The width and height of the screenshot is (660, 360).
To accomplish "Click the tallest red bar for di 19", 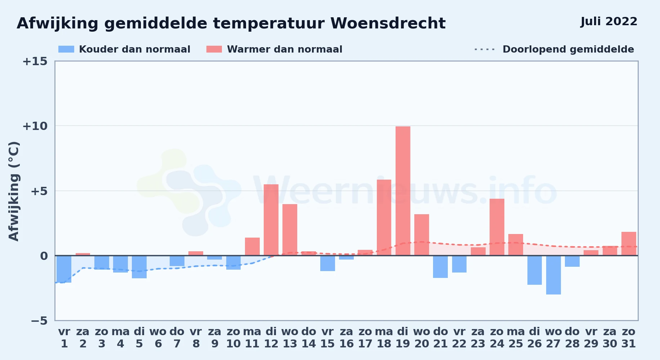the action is click(x=403, y=191).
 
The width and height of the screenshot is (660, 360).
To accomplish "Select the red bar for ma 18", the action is click(x=384, y=217).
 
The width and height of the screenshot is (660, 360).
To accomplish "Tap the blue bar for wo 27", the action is click(x=553, y=275).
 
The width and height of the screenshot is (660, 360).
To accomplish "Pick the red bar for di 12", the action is click(x=271, y=220).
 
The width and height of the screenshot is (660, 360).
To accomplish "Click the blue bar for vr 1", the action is click(x=64, y=269).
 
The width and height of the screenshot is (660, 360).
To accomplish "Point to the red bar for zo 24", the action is click(x=497, y=227).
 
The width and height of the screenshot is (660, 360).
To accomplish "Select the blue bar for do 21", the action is click(x=440, y=267).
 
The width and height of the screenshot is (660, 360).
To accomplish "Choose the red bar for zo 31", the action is click(x=629, y=244).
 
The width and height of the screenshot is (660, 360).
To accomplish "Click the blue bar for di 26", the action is click(x=535, y=270).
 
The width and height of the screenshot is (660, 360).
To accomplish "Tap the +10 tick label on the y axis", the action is click(x=35, y=126).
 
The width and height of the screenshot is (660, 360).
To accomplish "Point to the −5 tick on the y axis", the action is click(x=39, y=320).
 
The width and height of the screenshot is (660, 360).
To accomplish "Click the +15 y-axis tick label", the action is click(x=35, y=61).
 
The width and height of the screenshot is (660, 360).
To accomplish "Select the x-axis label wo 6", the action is click(x=158, y=338).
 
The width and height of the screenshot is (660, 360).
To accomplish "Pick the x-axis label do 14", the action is click(x=309, y=338).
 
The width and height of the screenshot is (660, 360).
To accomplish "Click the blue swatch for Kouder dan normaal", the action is click(x=66, y=49).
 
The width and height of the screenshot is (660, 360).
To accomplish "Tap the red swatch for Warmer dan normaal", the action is click(x=214, y=49).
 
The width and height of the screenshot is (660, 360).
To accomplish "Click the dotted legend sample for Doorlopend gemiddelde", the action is click(x=485, y=49).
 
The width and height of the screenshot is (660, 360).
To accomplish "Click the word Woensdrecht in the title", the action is click(x=388, y=23).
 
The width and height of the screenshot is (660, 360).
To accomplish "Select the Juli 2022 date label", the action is click(x=609, y=21).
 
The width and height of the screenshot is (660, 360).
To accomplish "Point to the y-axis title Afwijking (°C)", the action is click(x=14, y=191).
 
